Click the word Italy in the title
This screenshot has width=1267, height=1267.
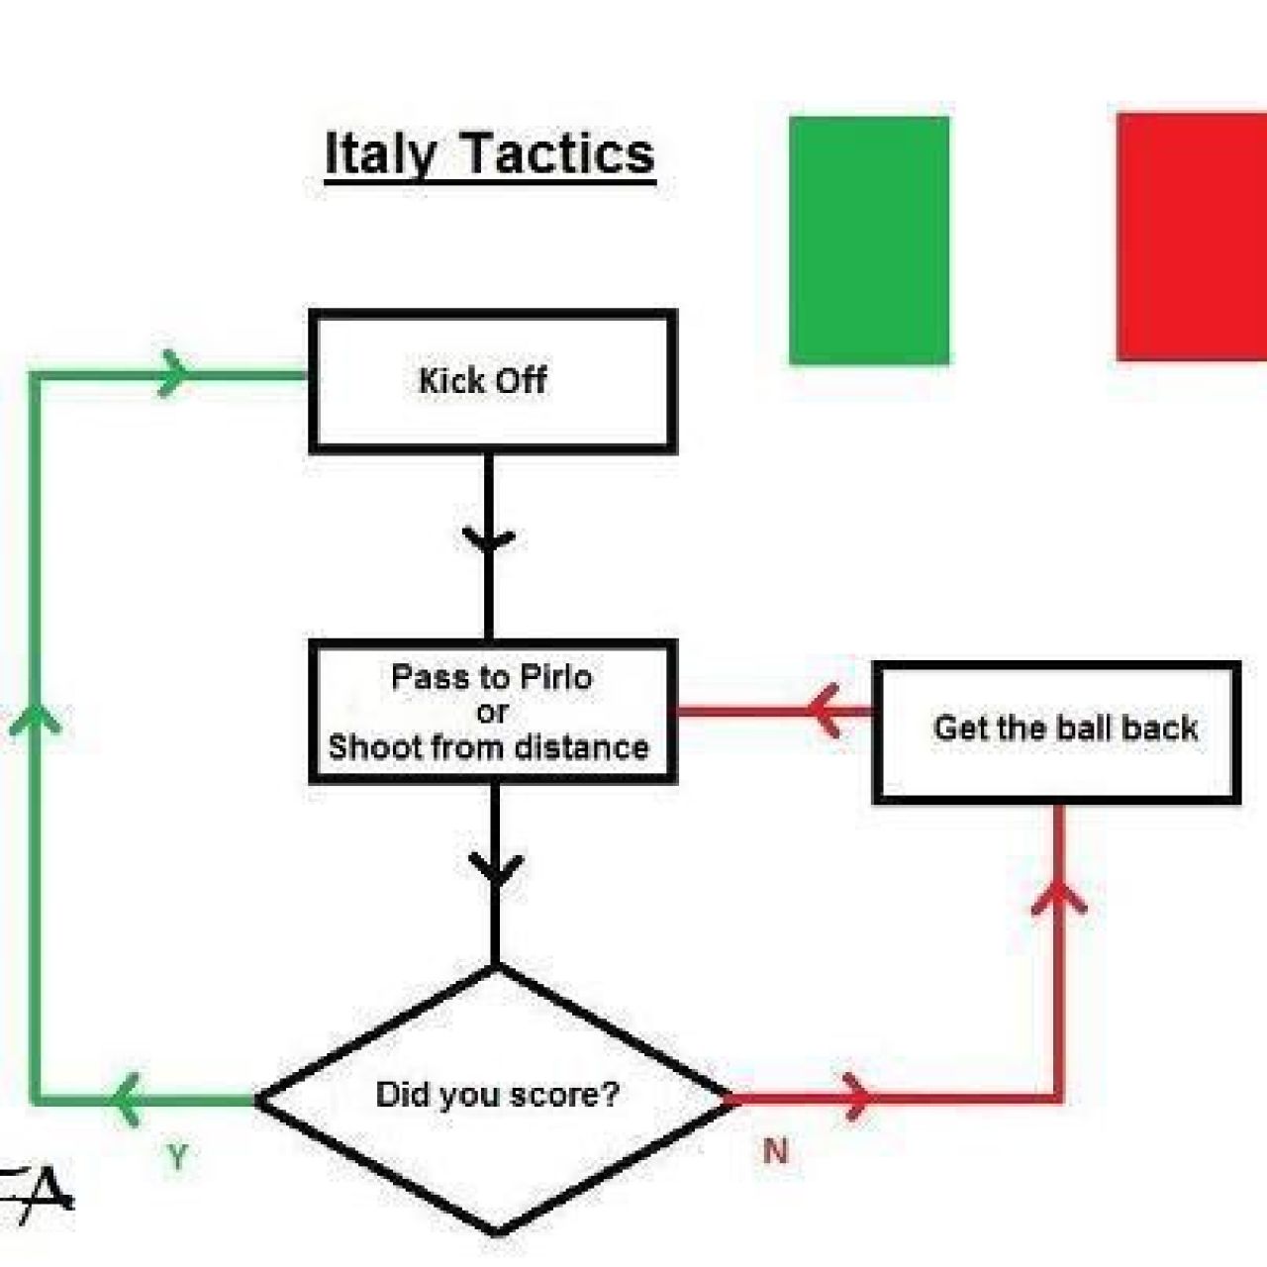(381, 154)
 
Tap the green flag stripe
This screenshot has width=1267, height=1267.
(868, 240)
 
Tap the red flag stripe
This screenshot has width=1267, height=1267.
(1192, 237)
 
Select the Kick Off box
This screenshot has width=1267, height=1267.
(493, 381)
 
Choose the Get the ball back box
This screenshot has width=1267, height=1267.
(1056, 732)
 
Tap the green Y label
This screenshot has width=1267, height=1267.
(177, 1156)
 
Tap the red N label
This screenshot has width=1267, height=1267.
(776, 1150)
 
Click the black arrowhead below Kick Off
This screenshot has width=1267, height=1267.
(489, 538)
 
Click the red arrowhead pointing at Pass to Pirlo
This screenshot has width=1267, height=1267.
(823, 711)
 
